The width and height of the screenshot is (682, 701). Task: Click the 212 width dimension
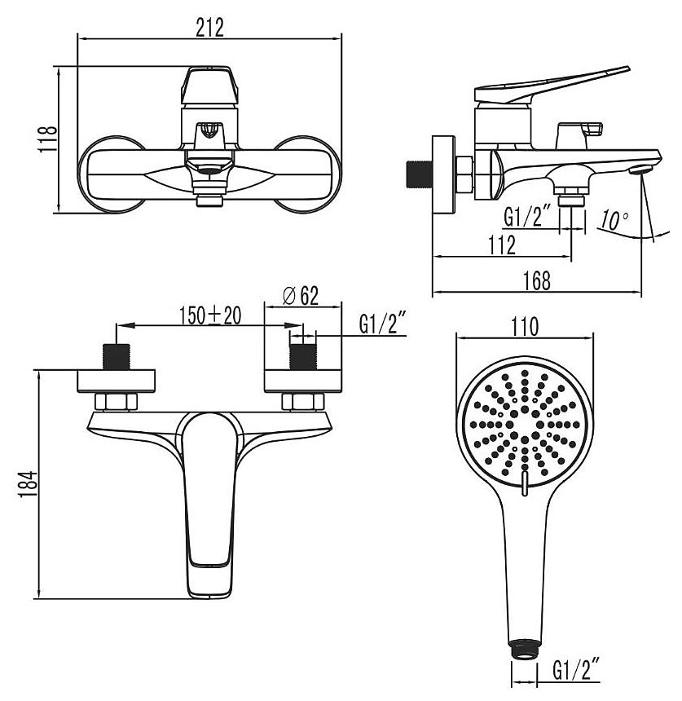tap(209, 29)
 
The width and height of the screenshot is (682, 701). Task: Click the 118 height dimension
tap(48, 139)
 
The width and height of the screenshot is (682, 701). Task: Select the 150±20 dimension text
tap(210, 315)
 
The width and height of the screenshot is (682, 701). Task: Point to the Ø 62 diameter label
tap(301, 296)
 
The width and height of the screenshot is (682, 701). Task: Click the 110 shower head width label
tap(525, 327)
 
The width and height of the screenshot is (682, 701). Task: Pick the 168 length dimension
tap(537, 280)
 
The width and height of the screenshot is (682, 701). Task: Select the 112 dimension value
tap(502, 245)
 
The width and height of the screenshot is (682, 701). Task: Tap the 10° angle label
tap(614, 219)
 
